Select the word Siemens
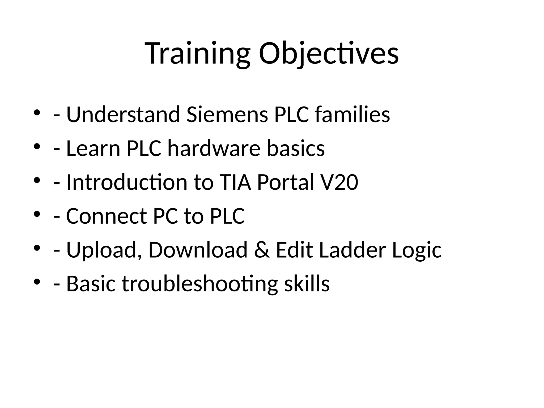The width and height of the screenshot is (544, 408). [227, 114]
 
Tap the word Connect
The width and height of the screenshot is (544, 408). [106, 216]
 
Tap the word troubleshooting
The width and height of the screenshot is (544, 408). [199, 284]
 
